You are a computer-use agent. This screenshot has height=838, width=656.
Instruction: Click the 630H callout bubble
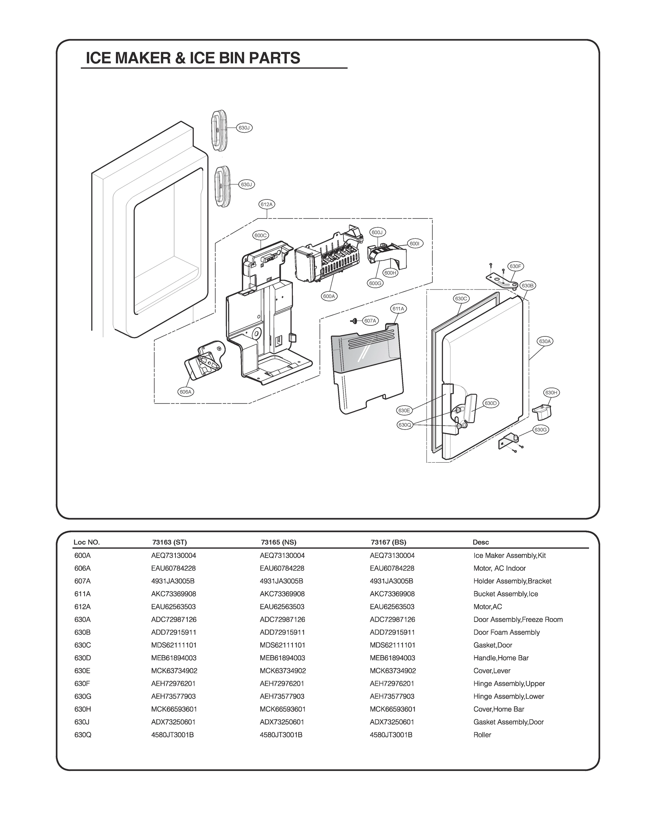pos(551,392)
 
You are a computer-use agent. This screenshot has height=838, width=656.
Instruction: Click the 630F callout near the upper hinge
pos(515,266)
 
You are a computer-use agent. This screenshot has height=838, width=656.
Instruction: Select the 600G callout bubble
pos(375,283)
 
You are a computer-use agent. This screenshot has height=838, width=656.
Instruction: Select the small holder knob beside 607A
pos(355,321)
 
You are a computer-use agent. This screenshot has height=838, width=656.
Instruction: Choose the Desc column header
pos(480,542)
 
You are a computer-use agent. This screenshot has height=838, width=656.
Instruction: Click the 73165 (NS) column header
pos(278,542)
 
